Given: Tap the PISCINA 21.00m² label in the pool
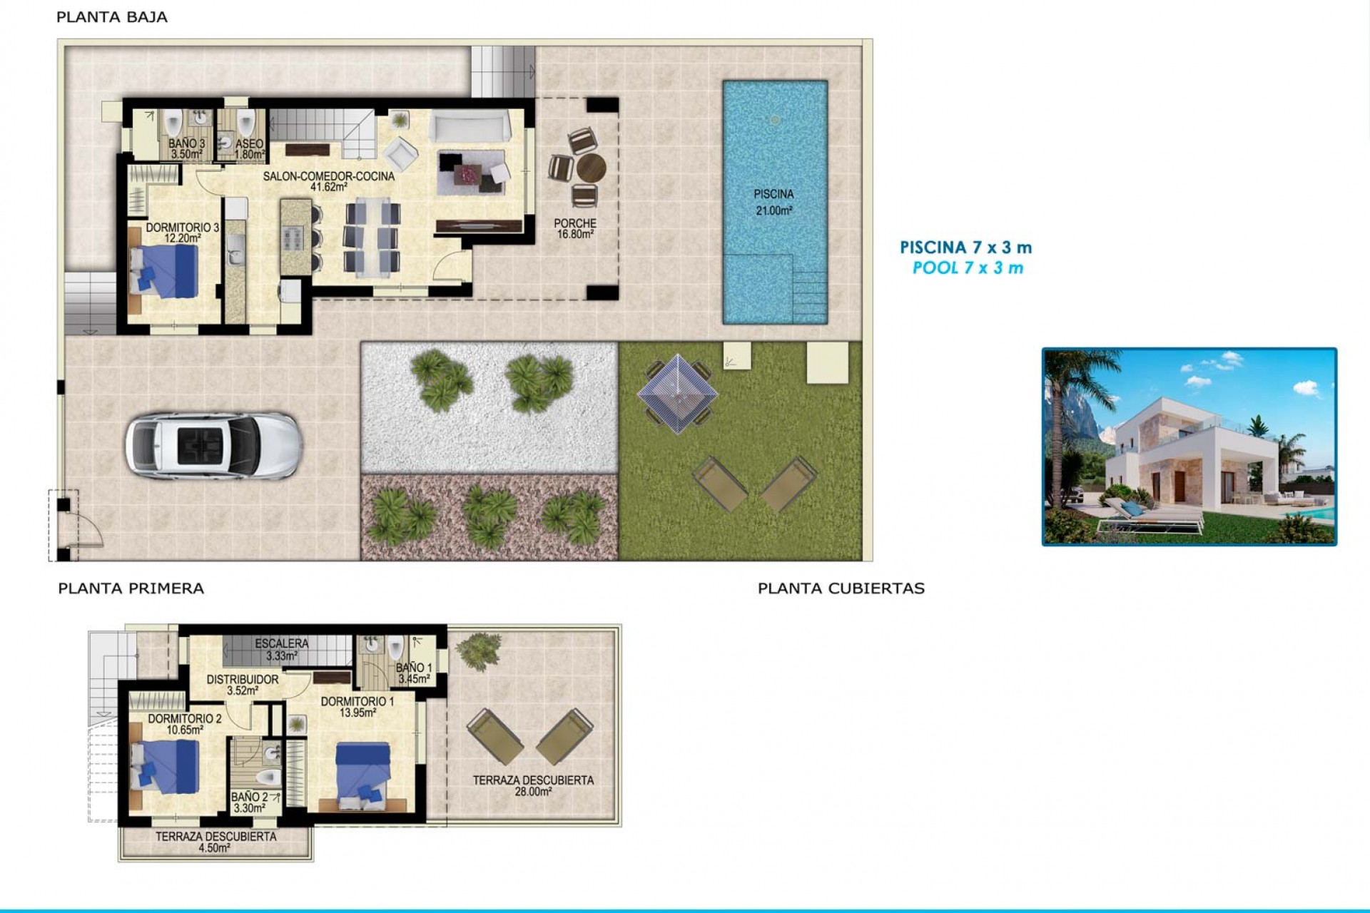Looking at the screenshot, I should (773, 202).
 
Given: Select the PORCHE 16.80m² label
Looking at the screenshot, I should (574, 228).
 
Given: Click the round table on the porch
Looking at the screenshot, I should (591, 169).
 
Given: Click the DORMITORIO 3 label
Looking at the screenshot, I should (183, 233).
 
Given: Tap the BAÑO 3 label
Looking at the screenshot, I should (186, 148).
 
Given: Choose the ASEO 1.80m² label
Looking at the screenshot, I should (250, 148).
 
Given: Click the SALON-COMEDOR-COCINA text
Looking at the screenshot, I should (328, 181).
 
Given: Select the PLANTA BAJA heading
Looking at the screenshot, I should (112, 17).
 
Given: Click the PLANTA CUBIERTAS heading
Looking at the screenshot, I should (841, 588).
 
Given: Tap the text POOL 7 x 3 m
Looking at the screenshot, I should (968, 268).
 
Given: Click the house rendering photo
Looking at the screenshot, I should (1189, 447).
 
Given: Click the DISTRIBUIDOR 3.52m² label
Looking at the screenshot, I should (243, 685).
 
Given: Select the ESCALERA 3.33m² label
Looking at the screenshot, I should (282, 649).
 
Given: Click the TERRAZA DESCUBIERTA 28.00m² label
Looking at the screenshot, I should (533, 785).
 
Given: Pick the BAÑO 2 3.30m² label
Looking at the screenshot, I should (250, 802).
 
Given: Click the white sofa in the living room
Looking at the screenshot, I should (469, 127).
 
